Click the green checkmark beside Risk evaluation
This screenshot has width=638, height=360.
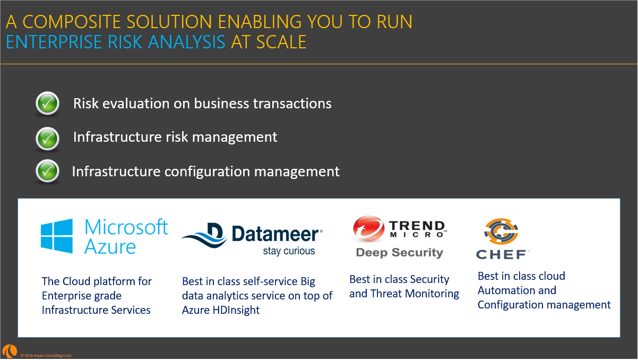click(x=48, y=103)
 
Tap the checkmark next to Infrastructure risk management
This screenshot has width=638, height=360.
click(x=48, y=138)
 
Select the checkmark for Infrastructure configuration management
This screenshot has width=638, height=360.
click(x=48, y=171)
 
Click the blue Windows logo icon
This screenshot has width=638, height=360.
click(x=57, y=236)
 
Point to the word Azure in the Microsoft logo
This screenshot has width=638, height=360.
click(x=110, y=246)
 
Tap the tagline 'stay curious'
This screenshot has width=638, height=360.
click(x=289, y=251)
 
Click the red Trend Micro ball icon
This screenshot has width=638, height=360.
click(x=368, y=229)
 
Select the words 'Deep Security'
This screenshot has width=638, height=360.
click(x=399, y=253)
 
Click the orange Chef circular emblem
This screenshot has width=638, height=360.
click(x=501, y=231)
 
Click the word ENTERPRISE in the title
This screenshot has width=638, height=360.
click(x=54, y=42)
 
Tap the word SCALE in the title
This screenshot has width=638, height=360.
click(x=281, y=42)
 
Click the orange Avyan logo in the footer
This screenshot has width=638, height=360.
click(x=10, y=351)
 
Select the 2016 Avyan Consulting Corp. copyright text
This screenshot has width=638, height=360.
click(x=46, y=355)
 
